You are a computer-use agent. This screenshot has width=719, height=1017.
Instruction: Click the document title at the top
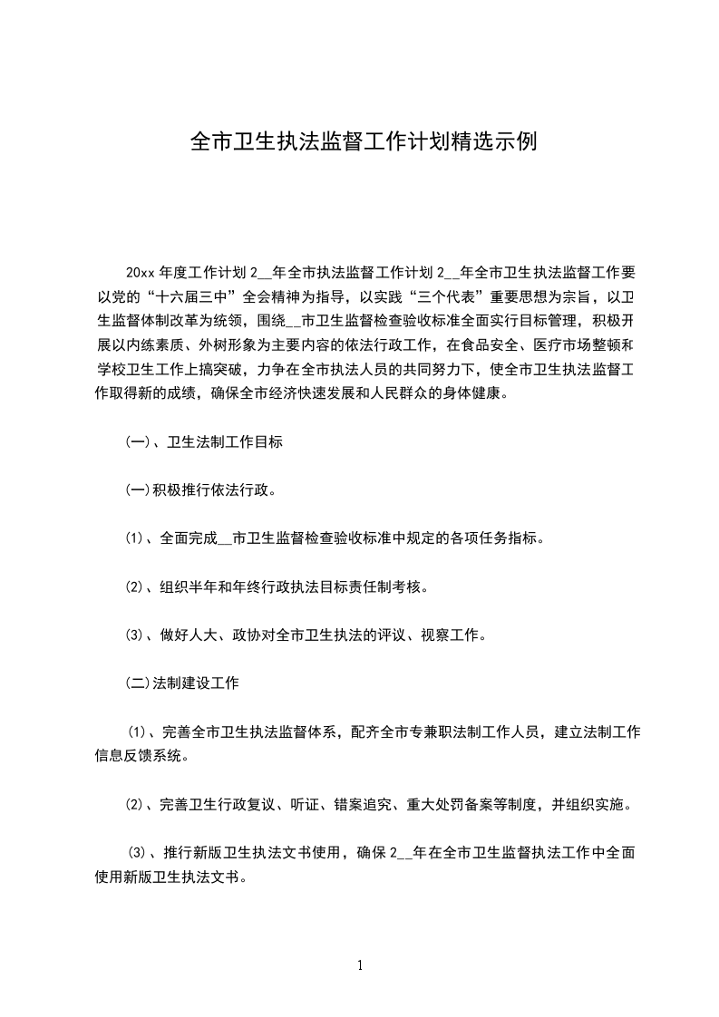[359, 142]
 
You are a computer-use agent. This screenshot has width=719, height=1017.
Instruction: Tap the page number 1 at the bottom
[360, 965]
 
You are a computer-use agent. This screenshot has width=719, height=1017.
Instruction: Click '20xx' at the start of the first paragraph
[141, 272]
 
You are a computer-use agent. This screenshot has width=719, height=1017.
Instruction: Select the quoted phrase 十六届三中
[195, 295]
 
